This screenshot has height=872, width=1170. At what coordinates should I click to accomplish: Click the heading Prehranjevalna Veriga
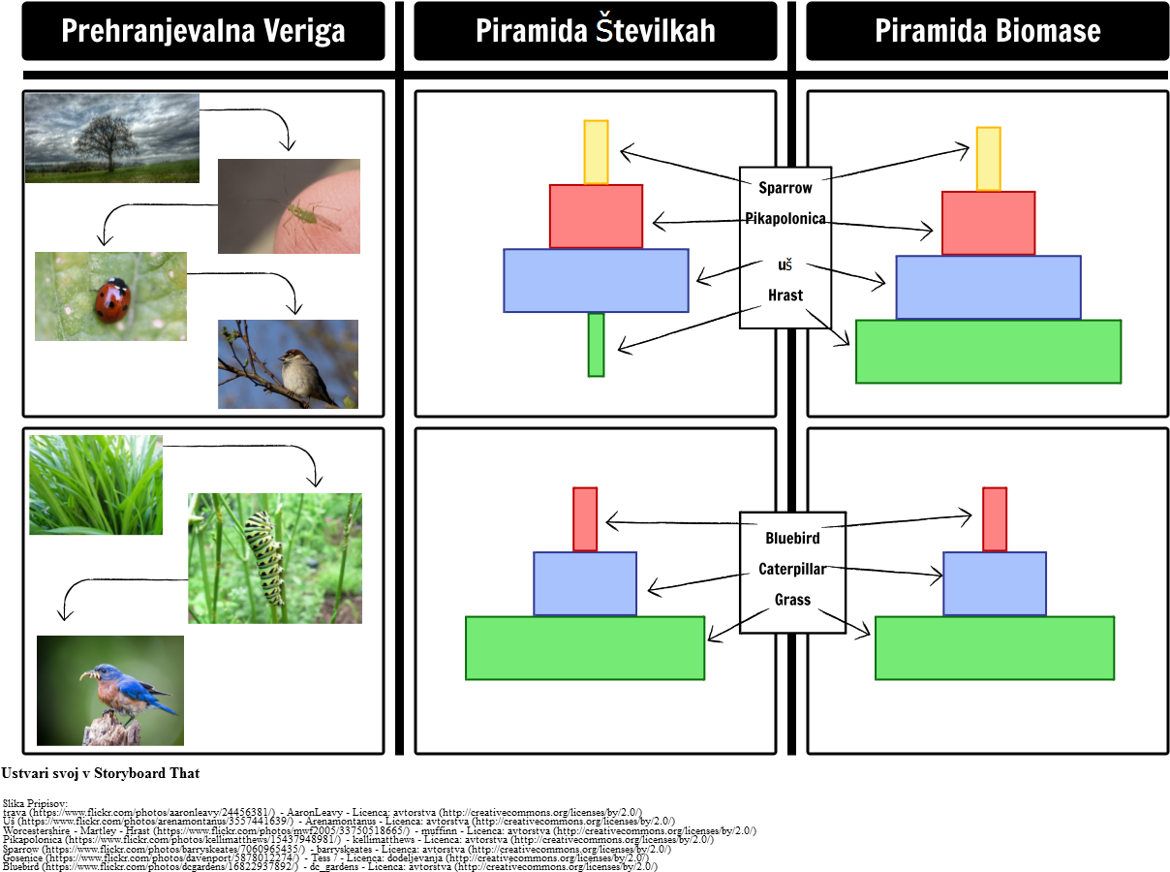click(202, 31)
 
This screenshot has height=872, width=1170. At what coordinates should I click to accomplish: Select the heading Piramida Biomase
click(987, 31)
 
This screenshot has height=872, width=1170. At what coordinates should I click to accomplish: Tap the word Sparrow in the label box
click(785, 187)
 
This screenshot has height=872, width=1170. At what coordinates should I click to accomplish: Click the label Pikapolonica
click(785, 218)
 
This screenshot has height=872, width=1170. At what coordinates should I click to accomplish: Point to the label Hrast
click(785, 295)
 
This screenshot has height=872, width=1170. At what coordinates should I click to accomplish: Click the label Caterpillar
click(791, 569)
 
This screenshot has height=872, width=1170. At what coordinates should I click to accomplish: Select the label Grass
click(791, 600)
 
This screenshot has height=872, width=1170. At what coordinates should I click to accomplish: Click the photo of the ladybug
click(110, 296)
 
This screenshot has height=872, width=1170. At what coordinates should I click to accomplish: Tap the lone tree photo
click(111, 138)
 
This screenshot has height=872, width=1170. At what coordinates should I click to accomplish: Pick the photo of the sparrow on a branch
click(288, 363)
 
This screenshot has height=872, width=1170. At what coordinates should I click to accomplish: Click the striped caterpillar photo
click(274, 558)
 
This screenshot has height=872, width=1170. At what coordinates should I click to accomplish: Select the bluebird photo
click(109, 690)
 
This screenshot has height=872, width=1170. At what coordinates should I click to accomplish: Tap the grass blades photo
click(95, 484)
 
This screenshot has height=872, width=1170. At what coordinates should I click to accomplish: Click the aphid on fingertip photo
click(289, 206)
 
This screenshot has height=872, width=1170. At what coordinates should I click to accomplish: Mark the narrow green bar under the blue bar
click(596, 344)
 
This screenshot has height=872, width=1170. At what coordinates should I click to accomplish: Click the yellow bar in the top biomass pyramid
click(988, 158)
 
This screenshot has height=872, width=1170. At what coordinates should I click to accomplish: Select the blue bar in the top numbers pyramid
click(596, 280)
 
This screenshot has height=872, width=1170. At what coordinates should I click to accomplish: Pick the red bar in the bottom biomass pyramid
click(994, 518)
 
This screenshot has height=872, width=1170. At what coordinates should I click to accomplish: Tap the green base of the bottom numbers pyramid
click(584, 647)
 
